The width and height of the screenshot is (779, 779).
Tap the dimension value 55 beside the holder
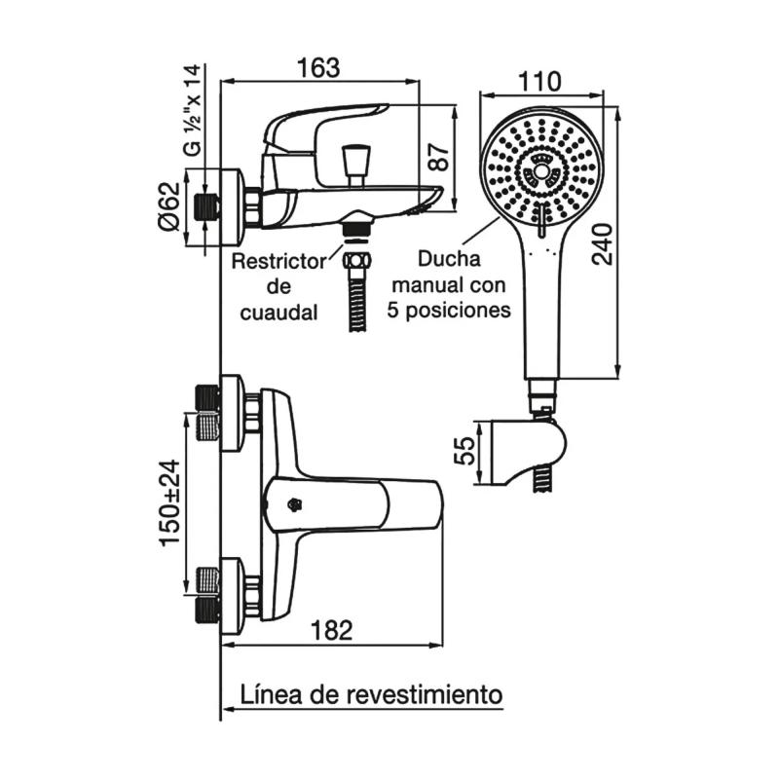tap(464, 451)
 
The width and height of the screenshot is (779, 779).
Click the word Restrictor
tap(278, 262)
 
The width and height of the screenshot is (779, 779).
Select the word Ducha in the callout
tap(448, 261)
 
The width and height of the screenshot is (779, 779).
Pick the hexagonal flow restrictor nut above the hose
tap(357, 261)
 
